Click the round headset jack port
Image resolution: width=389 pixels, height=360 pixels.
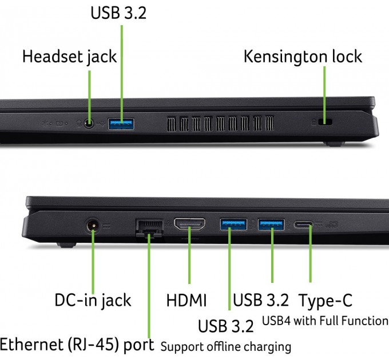(x=89, y=123)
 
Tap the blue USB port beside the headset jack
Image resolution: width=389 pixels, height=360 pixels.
(x=121, y=124)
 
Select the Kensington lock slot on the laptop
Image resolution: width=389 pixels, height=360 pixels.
(x=325, y=122)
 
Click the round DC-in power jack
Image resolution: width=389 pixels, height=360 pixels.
(x=93, y=226)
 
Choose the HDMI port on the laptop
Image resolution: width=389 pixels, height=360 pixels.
(x=189, y=224)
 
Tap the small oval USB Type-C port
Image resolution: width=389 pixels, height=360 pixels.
(x=303, y=225)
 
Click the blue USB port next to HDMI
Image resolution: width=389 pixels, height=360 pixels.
(x=233, y=225)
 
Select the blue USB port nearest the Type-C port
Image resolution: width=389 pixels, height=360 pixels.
(x=271, y=225)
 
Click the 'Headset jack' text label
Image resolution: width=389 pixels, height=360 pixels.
(x=69, y=57)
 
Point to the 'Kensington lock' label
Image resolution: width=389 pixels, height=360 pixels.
(x=303, y=57)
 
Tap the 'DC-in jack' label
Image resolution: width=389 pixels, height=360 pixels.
(x=93, y=301)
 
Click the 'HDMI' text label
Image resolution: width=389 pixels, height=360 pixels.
(x=186, y=301)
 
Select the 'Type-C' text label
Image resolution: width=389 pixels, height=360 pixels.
(x=326, y=301)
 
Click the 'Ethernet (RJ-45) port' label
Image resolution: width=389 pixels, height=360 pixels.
(x=77, y=345)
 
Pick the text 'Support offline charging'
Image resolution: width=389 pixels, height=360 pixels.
(x=226, y=347)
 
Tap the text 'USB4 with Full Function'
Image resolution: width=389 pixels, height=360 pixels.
(x=326, y=321)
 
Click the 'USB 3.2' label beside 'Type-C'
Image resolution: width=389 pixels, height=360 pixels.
(x=261, y=301)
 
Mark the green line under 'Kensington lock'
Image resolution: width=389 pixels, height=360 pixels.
(x=324, y=95)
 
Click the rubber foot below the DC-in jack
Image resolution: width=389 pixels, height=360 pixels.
(x=66, y=245)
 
